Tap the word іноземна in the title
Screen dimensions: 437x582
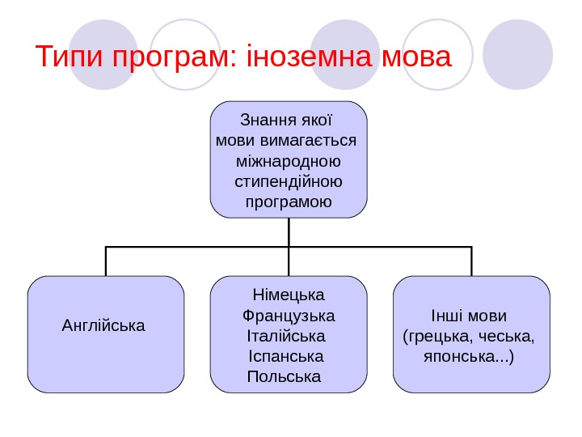pos(306,58)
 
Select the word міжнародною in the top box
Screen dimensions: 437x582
pos(289,160)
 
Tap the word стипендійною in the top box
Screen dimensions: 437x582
pos(289,180)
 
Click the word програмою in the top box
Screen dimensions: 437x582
pos(289,200)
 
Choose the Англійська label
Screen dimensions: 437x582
pos(103,326)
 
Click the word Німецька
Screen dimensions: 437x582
pos(289,293)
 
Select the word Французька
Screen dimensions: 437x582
pos(289,314)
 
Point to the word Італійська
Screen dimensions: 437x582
pos(285,335)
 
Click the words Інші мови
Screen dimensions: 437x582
pos(469,314)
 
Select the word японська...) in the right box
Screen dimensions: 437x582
pos(469,356)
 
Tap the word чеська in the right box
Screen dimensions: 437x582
pos(511,335)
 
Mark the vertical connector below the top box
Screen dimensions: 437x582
pos(289,232)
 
